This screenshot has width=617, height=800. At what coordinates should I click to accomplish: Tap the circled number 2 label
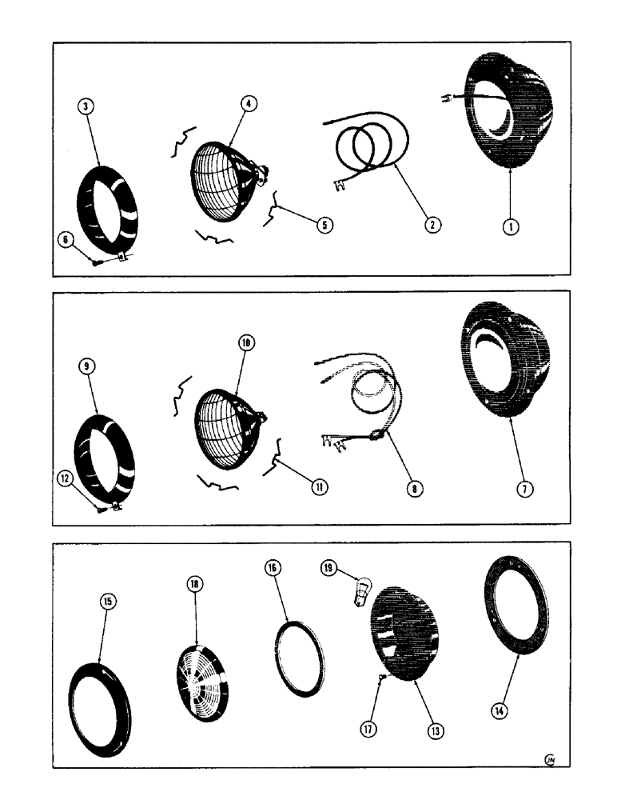pos(431,225)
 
